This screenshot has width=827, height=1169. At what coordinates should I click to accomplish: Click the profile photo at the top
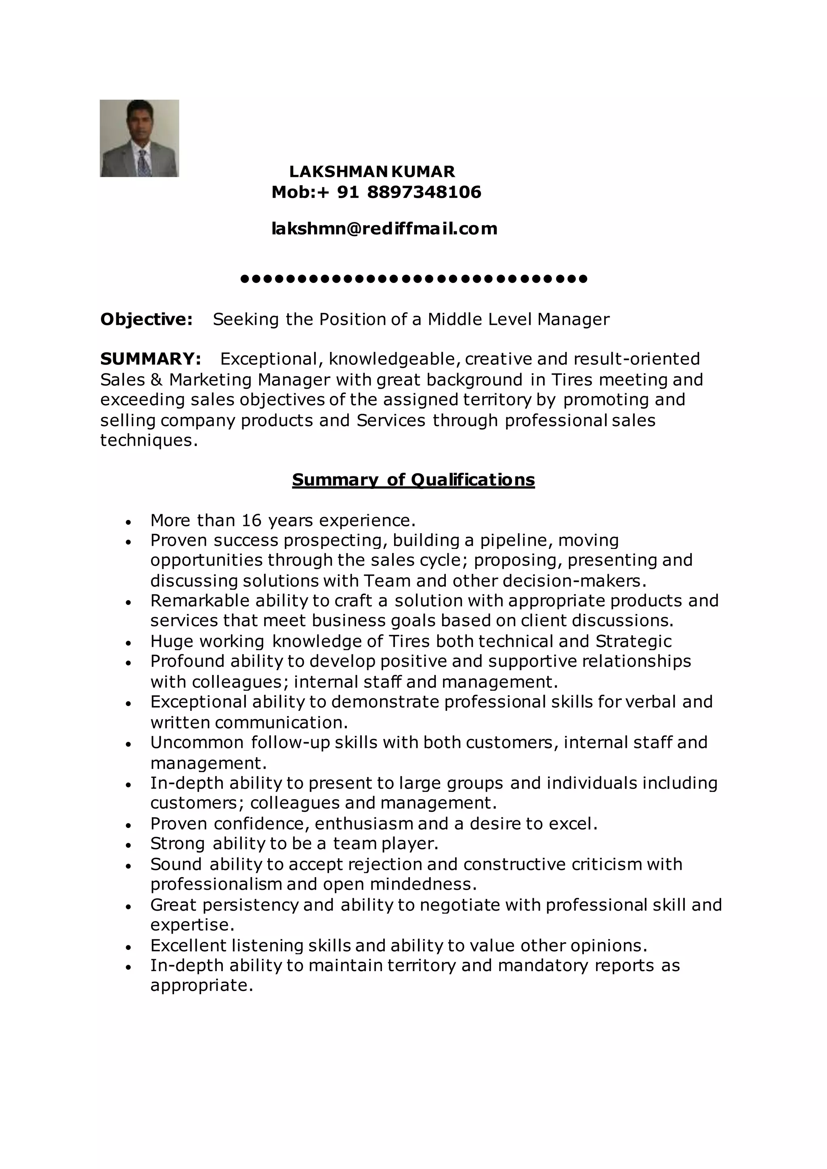pos(139,138)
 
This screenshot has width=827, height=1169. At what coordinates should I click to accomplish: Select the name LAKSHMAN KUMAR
pos(372,171)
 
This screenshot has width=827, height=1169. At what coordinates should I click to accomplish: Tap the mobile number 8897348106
pos(424,192)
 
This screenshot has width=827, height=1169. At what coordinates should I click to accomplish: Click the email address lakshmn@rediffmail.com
pos(384,228)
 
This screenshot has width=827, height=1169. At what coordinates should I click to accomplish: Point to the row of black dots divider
pos(413,279)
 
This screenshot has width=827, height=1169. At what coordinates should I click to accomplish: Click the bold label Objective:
pos(146,319)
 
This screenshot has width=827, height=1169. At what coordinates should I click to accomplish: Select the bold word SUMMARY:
pos(151,359)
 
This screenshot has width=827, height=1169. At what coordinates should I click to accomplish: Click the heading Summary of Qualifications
pos(413,480)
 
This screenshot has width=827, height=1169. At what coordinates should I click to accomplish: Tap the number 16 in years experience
pos(252,520)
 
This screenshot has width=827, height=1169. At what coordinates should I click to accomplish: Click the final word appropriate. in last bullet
pos(202,986)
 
